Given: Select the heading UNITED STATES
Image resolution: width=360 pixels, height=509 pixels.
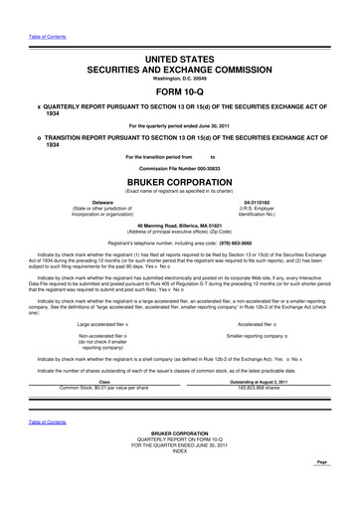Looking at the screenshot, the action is click(180, 34).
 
